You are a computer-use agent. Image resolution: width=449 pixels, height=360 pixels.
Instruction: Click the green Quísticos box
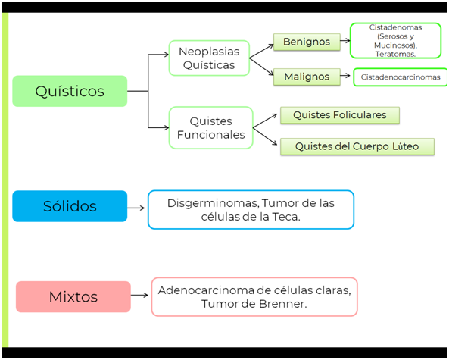[x=70, y=91]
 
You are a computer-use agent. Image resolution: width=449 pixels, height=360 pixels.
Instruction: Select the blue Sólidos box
[x=70, y=206]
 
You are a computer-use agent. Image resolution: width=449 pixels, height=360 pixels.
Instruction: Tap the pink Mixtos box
[x=73, y=296]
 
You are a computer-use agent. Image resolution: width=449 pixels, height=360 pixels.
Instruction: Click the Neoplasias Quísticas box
[x=209, y=58]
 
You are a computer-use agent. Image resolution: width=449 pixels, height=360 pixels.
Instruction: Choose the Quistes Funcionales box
[x=210, y=128]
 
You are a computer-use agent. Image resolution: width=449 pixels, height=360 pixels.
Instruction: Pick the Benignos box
[x=307, y=42]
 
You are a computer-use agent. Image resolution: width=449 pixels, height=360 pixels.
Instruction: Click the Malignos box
[x=307, y=77]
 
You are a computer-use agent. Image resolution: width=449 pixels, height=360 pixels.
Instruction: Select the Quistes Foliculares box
[x=340, y=115]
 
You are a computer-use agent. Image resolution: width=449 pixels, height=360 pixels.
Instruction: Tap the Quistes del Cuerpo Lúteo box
[x=357, y=147]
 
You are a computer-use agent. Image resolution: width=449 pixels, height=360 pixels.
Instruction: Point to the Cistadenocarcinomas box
[x=401, y=77]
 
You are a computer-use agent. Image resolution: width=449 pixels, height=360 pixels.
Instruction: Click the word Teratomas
[x=395, y=54]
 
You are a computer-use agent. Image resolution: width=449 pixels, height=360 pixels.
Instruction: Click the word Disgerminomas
[x=213, y=203]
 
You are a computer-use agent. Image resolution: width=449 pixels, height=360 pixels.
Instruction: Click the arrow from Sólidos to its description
[x=136, y=208]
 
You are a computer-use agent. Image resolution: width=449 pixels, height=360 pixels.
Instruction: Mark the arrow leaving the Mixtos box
[x=139, y=295]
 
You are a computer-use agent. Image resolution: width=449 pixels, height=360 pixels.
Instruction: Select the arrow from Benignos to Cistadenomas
[x=345, y=41]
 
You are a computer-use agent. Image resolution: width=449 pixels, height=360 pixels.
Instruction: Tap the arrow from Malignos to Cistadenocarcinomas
[x=345, y=76]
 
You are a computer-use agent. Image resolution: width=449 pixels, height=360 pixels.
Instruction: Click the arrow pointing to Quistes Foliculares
[x=265, y=121]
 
